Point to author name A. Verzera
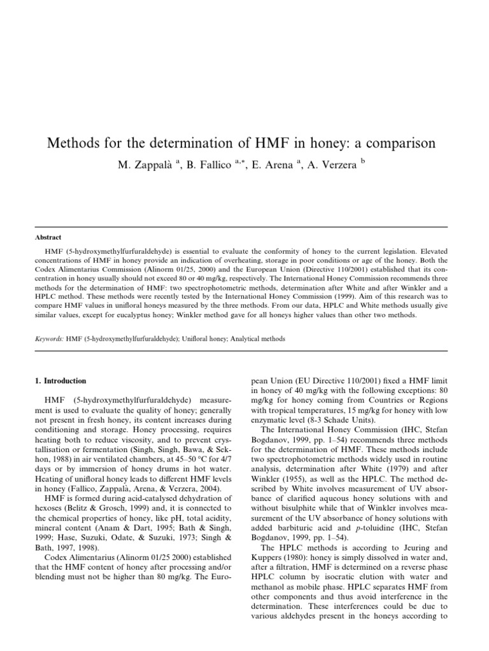pos(334,164)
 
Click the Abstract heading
pos(48,237)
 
